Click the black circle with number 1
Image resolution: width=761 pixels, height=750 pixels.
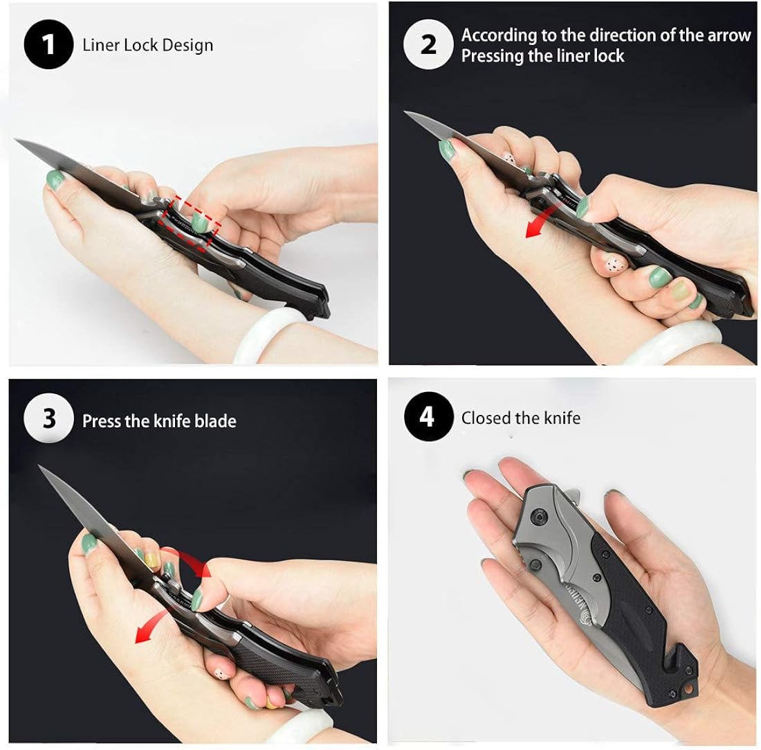click(48, 44)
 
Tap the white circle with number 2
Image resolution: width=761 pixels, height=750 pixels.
click(428, 44)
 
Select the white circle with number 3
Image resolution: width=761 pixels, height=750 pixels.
click(48, 418)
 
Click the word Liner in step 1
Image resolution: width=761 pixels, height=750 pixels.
click(101, 45)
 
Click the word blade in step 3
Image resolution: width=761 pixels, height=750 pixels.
click(215, 420)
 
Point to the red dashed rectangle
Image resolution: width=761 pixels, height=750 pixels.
click(190, 223)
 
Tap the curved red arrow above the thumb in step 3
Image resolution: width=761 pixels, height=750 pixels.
click(192, 559)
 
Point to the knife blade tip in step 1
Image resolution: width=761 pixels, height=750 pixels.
click(15, 141)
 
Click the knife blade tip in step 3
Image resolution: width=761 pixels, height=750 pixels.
click(40, 466)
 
